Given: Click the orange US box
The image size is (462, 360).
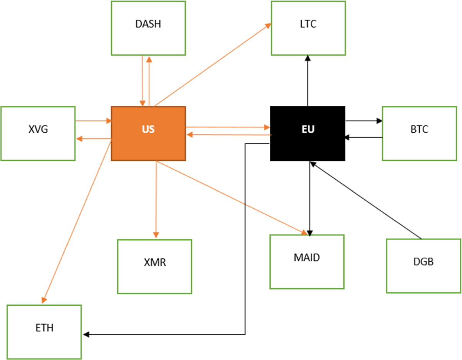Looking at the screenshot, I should click(x=148, y=133).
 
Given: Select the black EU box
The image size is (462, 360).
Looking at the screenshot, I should click(x=308, y=133).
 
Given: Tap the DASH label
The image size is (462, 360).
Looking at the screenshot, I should click(x=148, y=24).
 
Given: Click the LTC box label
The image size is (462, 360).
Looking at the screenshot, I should click(x=308, y=24).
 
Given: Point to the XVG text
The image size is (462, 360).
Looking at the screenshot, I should click(x=38, y=129).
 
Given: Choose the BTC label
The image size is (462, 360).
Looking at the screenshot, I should click(x=419, y=129).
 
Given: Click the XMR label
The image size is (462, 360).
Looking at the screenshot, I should click(x=154, y=263).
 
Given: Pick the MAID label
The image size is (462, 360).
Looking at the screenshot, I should click(x=306, y=257).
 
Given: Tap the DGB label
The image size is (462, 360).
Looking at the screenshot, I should click(x=423, y=262).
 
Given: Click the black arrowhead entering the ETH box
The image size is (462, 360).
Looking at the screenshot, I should click(x=86, y=335).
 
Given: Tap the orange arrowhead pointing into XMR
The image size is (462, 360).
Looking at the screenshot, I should click(x=156, y=235).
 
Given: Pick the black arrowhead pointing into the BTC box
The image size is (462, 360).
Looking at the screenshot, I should click(x=379, y=121).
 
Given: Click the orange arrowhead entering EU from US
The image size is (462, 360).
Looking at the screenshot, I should click(x=266, y=127).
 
